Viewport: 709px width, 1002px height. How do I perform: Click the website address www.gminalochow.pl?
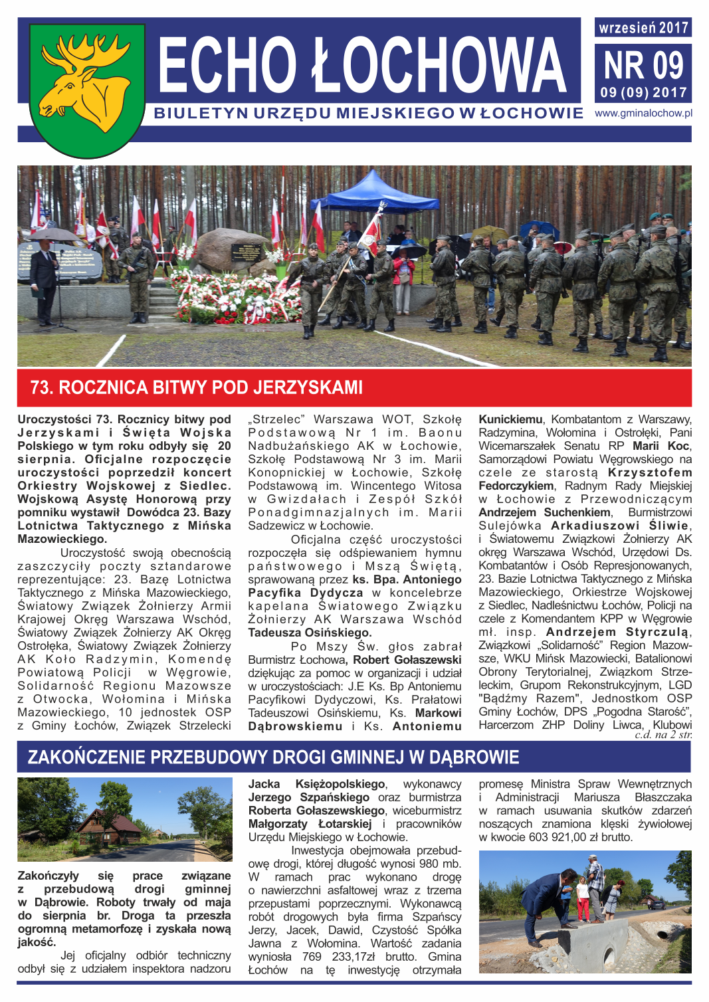643,114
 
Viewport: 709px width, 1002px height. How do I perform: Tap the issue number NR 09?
643,66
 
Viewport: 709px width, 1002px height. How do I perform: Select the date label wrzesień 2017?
643,27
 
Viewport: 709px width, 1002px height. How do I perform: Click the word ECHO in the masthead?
227,65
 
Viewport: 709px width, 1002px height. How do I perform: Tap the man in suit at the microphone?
44,279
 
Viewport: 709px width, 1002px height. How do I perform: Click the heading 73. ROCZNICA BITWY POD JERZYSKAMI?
197,387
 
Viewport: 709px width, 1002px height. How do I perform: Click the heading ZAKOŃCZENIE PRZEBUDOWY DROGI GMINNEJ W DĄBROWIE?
273,757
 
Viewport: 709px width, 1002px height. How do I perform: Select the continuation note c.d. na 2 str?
662,735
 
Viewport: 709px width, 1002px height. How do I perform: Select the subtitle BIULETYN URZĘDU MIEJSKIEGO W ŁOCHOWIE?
368,114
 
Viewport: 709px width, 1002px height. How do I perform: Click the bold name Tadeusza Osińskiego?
310,633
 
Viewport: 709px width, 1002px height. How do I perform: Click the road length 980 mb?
439,864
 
